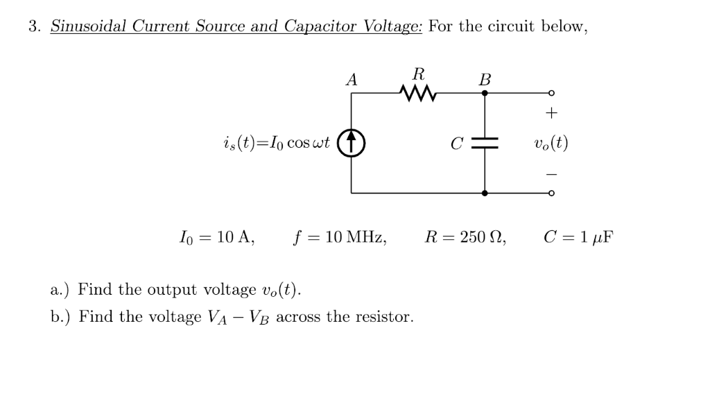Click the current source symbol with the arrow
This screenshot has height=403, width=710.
point(352,144)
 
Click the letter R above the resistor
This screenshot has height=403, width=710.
point(418,73)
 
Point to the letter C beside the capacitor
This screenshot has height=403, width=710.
point(456,144)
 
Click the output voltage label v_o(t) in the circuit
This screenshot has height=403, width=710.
point(551,144)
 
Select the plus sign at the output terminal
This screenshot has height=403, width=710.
point(551,112)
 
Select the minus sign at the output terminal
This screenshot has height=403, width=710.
point(551,175)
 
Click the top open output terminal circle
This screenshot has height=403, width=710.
point(551,93)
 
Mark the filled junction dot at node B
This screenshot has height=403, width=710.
point(485,93)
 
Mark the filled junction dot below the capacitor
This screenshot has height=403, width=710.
point(485,193)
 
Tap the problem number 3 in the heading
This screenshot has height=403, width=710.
point(33,27)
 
